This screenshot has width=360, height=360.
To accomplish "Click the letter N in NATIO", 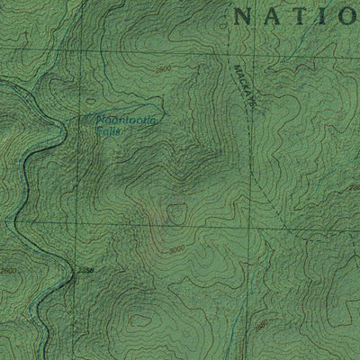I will click(x=240, y=15).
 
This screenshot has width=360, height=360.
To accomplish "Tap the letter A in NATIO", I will click(x=268, y=15).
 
